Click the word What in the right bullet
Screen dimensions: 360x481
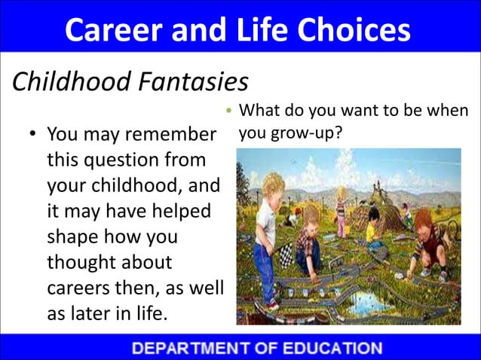260,112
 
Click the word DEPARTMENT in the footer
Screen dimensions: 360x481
195,348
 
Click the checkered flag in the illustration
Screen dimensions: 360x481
284,254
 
